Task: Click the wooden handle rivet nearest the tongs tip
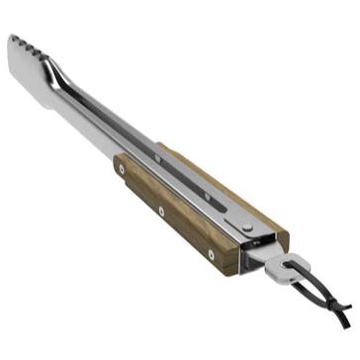pyautogui.click(x=121, y=169)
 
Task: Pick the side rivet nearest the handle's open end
pyautogui.click(x=211, y=254)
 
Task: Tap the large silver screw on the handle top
pyautogui.click(x=246, y=225)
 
